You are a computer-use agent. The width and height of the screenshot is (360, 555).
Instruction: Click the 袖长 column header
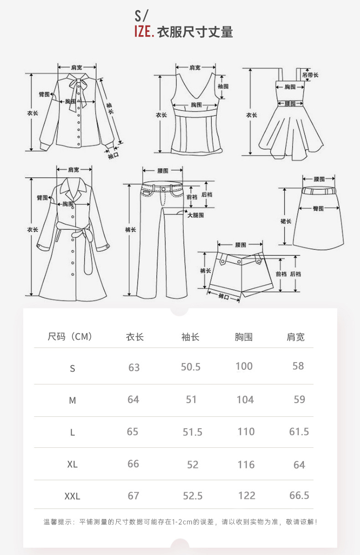pos(190,337)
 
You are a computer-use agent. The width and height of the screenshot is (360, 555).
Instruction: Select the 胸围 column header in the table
pos(244,337)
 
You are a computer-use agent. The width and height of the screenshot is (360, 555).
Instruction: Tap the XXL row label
pos(72,496)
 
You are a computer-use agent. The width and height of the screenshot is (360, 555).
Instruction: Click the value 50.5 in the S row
pos(190,367)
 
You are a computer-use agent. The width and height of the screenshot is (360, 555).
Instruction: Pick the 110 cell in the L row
pos(246,431)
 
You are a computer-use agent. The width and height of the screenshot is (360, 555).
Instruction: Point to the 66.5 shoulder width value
pos(299,495)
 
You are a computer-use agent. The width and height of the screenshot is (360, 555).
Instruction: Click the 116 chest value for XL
pos(246,464)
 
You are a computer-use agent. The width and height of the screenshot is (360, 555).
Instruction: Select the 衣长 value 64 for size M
pos(133,399)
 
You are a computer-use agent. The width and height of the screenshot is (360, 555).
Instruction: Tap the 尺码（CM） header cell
pos(70,337)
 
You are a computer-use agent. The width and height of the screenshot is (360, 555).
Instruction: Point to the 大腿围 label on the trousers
pos(195,214)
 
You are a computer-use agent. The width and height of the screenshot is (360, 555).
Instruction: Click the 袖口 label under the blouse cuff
pos(113,156)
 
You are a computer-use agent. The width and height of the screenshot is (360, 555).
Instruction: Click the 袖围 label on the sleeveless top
pos(223,86)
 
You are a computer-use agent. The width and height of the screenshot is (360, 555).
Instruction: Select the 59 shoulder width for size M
pos(299,399)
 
